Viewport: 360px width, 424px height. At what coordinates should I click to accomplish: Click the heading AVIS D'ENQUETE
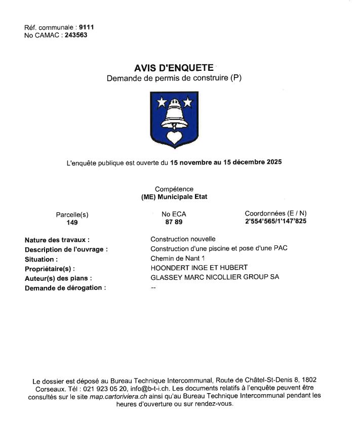pyautogui.click(x=174, y=68)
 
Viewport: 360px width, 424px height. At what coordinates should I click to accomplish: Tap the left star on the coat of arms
pyautogui.click(x=162, y=103)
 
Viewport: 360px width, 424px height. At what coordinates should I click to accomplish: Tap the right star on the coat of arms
pyautogui.click(x=187, y=103)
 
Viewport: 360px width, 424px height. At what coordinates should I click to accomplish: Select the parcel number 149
pyautogui.click(x=72, y=222)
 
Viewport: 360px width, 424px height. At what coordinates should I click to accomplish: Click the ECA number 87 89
pyautogui.click(x=174, y=222)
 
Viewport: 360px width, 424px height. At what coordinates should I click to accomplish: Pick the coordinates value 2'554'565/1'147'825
pyautogui.click(x=275, y=222)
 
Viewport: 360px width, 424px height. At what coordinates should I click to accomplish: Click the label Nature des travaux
pyautogui.click(x=57, y=239)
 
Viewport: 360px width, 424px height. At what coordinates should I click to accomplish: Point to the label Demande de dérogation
pyautogui.click(x=65, y=288)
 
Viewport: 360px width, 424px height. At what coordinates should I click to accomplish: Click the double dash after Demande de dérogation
pyautogui.click(x=153, y=287)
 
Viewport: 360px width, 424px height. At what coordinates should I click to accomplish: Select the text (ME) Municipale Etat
pyautogui.click(x=174, y=197)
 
